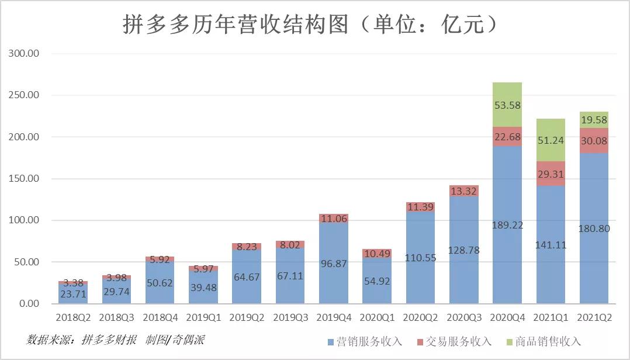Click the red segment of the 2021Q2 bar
click(593, 140)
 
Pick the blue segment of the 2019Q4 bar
click(333, 263)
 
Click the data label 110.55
click(420, 258)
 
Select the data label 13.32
click(463, 191)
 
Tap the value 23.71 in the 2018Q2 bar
click(73, 294)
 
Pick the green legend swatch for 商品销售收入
click(508, 342)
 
